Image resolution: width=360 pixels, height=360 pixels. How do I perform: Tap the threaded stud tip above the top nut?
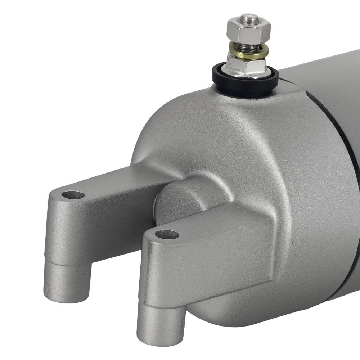coord(249,17)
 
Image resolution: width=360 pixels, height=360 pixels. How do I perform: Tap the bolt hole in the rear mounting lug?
coord(73,195)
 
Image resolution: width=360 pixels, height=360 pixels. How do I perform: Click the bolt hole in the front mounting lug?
coord(167,235)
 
